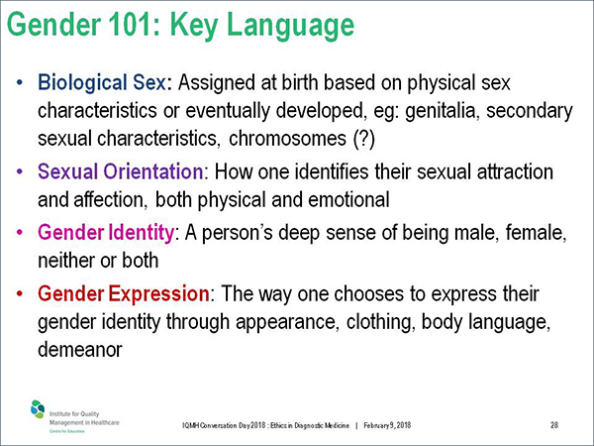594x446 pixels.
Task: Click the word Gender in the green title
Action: tap(54, 24)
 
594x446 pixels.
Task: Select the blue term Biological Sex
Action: tap(102, 83)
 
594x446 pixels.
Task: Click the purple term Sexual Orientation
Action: tap(121, 171)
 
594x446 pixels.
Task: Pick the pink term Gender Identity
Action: tap(106, 233)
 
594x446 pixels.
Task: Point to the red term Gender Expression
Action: tap(124, 293)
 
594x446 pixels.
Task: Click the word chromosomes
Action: tap(287, 139)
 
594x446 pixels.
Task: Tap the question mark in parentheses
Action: tap(364, 139)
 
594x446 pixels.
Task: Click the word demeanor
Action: tap(80, 349)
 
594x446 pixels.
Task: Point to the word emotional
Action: tap(348, 199)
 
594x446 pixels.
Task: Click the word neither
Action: tap(65, 261)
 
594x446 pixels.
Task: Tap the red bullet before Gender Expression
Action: tap(20, 293)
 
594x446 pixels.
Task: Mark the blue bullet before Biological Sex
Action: tap(20, 82)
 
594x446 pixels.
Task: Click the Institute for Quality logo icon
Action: tap(38, 408)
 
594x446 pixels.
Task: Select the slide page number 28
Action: tap(554, 425)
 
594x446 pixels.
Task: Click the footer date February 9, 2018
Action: tap(387, 425)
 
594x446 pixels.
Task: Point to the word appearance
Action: tap(286, 323)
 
